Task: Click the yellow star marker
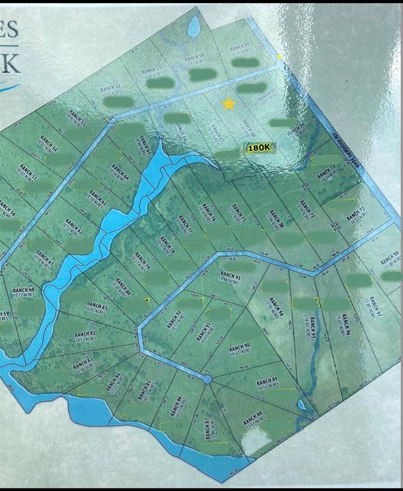tap(228, 104)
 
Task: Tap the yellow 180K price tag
tap(260, 148)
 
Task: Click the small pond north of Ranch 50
tap(193, 27)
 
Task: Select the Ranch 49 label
tap(239, 47)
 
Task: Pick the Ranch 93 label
tap(230, 278)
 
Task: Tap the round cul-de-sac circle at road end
tap(207, 380)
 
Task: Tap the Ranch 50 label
tap(194, 59)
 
